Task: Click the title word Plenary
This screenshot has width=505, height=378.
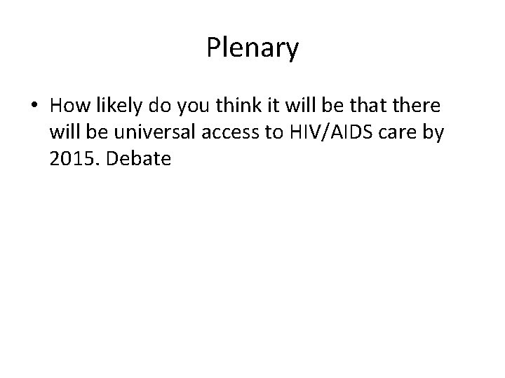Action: (252, 48)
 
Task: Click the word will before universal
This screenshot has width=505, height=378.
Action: (65, 132)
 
